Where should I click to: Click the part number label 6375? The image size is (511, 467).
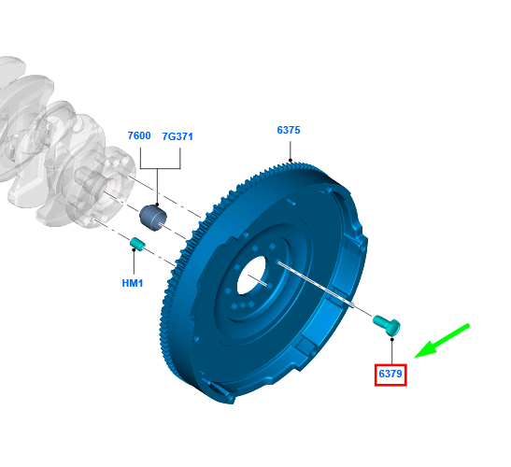click(289, 130)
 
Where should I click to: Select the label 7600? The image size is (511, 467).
click(139, 135)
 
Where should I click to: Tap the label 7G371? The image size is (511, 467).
click(177, 136)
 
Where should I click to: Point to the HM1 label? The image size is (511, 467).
click(133, 283)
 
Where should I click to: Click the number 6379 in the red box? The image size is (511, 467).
click(390, 374)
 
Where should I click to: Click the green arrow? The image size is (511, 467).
click(442, 341)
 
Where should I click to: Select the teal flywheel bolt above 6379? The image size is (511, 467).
click(387, 325)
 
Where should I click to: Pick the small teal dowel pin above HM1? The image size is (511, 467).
click(138, 244)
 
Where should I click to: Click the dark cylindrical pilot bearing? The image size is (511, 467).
click(153, 218)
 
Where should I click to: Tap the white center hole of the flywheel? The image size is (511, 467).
click(251, 276)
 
